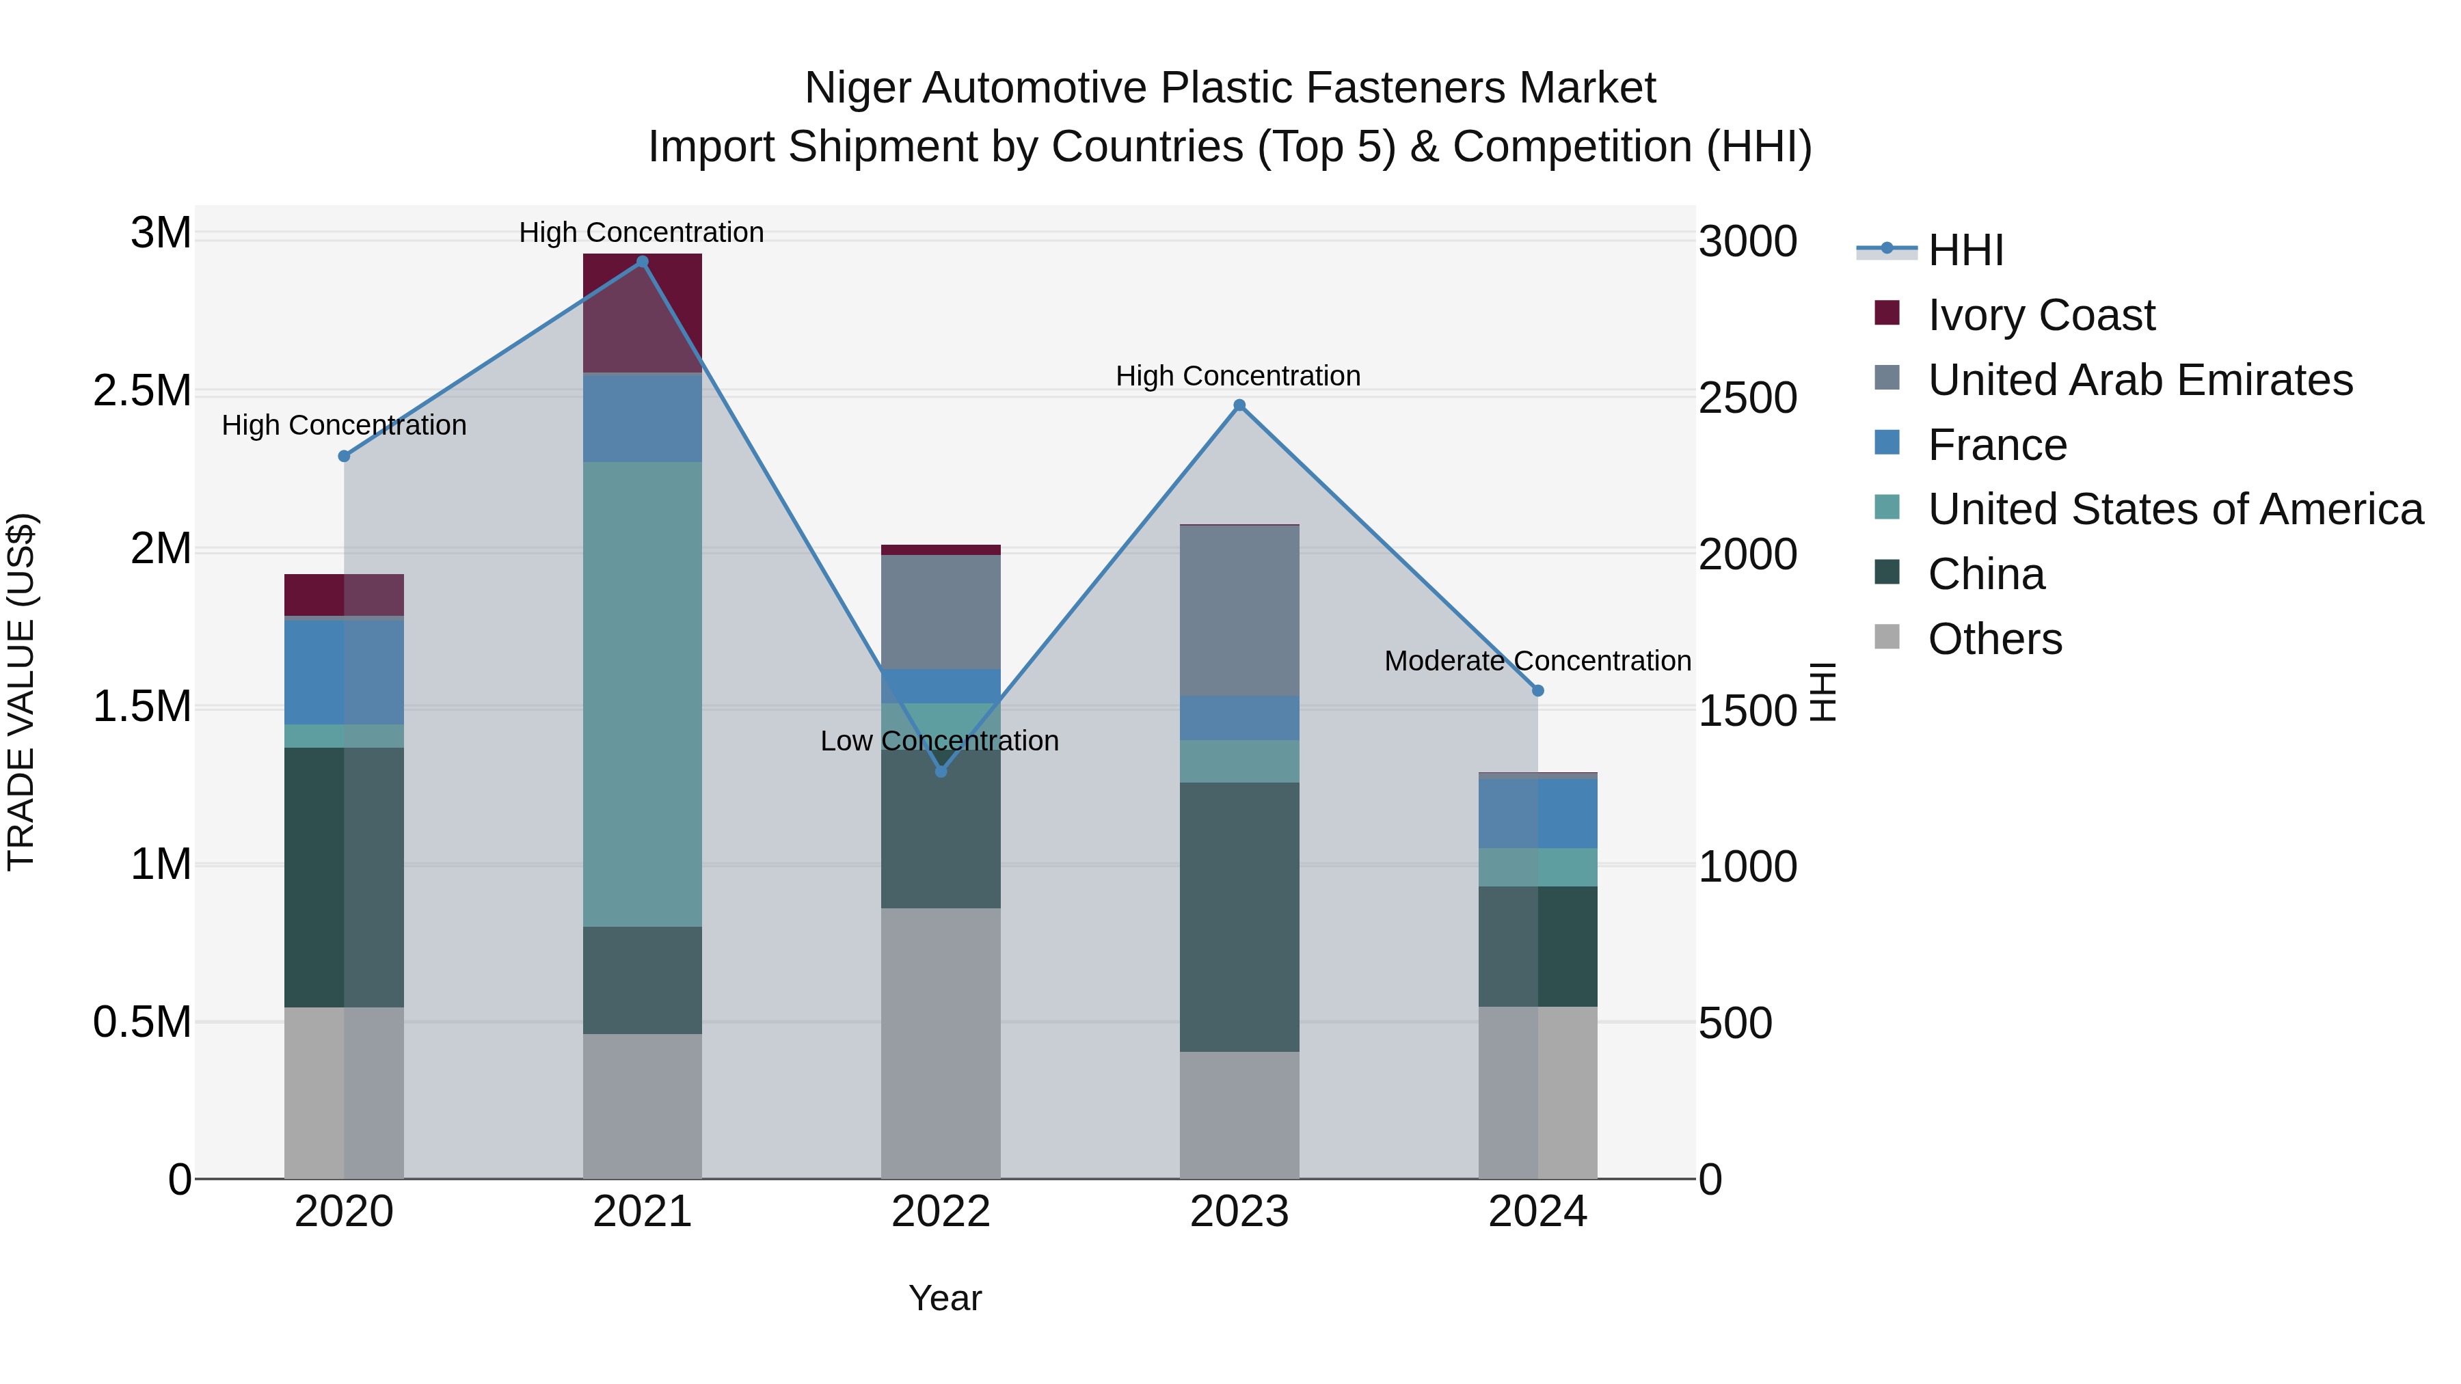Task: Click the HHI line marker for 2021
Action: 642,262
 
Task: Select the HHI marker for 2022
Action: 941,771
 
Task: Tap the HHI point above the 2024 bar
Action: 1538,690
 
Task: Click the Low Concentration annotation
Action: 939,741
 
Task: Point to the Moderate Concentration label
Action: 1537,661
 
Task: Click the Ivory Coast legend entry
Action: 2041,315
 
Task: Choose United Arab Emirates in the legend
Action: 2140,380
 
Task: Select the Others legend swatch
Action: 1887,637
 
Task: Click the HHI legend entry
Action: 1965,250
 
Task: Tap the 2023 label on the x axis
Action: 1239,1212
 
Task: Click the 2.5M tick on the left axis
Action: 142,392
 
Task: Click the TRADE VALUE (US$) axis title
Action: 21,692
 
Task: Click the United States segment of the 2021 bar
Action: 642,694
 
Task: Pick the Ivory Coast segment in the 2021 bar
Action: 642,313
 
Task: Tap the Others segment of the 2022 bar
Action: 941,1043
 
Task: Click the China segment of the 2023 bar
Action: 1239,917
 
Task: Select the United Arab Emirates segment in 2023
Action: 1239,611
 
